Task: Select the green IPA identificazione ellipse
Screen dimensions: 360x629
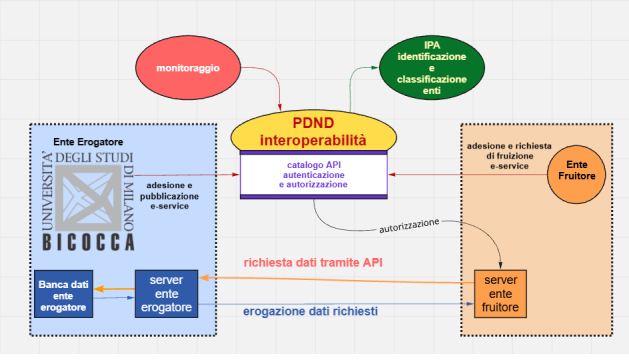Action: [x=431, y=63]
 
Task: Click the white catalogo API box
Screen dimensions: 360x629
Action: [x=313, y=175]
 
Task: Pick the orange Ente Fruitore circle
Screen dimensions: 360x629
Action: [x=577, y=170]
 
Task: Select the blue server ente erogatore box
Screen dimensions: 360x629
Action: [x=166, y=292]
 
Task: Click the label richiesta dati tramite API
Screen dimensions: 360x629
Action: [x=314, y=263]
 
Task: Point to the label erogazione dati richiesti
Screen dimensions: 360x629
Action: [x=310, y=312]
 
